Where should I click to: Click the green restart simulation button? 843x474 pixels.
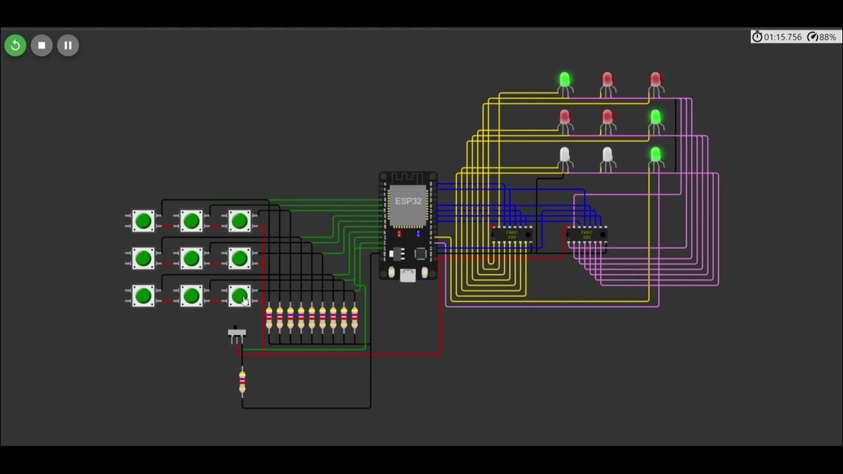pyautogui.click(x=15, y=45)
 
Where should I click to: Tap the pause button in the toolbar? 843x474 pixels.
pyautogui.click(x=68, y=45)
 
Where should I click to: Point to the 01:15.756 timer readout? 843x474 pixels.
pyautogui.click(x=777, y=37)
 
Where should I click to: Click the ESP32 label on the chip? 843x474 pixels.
pyautogui.click(x=408, y=201)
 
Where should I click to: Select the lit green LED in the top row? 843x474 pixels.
pyautogui.click(x=564, y=80)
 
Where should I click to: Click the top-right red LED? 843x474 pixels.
pyautogui.click(x=655, y=80)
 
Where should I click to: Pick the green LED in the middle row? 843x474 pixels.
pyautogui.click(x=655, y=118)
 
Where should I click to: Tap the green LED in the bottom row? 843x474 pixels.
pyautogui.click(x=655, y=155)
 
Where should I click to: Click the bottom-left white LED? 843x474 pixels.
pyautogui.click(x=564, y=155)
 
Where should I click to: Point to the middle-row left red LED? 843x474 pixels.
pyautogui.click(x=564, y=118)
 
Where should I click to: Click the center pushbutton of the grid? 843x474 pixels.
pyautogui.click(x=191, y=258)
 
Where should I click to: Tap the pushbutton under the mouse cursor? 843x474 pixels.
pyautogui.click(x=239, y=296)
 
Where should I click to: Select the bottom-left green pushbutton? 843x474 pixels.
pyautogui.click(x=143, y=296)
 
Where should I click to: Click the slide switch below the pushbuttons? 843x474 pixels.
pyautogui.click(x=236, y=334)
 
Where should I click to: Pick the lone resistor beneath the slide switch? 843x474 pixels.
pyautogui.click(x=242, y=382)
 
